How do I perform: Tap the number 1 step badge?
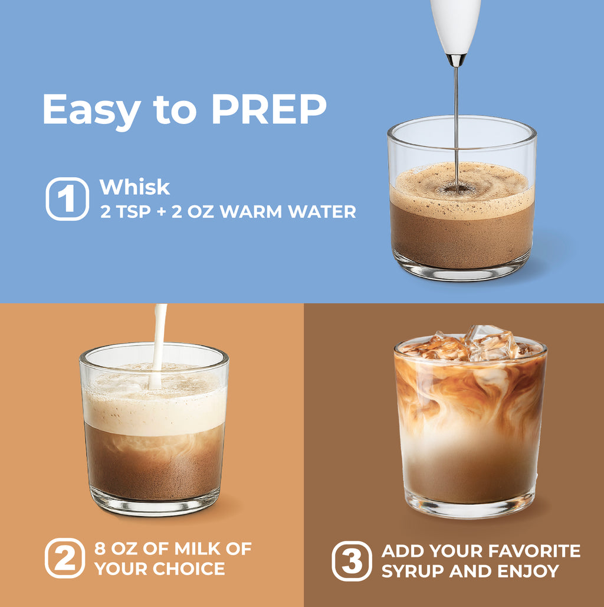coord(67,198)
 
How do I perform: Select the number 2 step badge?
coord(64,558)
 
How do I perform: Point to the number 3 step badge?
coord(352,561)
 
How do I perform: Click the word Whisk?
coord(134,187)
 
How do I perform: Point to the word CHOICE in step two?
coord(189,569)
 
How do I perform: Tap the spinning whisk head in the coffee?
coord(457,188)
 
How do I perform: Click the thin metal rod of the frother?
coord(457,124)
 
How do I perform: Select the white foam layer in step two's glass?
coord(155,410)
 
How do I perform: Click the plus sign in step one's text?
coord(161,212)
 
